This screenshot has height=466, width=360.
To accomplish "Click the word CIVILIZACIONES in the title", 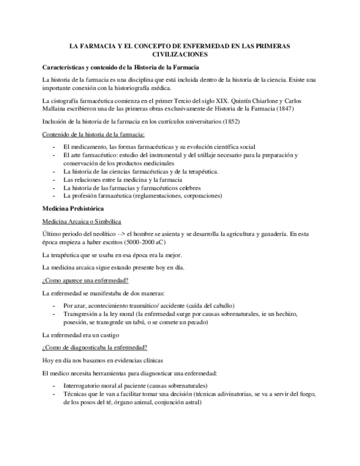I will pos(179,55).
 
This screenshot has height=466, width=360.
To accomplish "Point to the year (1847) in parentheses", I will pos(283,108).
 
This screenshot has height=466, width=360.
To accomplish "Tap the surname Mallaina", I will pos(55,108).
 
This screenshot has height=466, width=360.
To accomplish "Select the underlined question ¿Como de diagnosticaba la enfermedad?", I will pos(95,348).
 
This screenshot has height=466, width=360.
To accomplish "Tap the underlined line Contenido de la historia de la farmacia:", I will pos(93,135).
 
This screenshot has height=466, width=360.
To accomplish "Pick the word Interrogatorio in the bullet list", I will pos(85,386).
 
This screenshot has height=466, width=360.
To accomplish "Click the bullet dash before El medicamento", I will pos(53,147).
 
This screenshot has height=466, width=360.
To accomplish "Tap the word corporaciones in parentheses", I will pos(201,195).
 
